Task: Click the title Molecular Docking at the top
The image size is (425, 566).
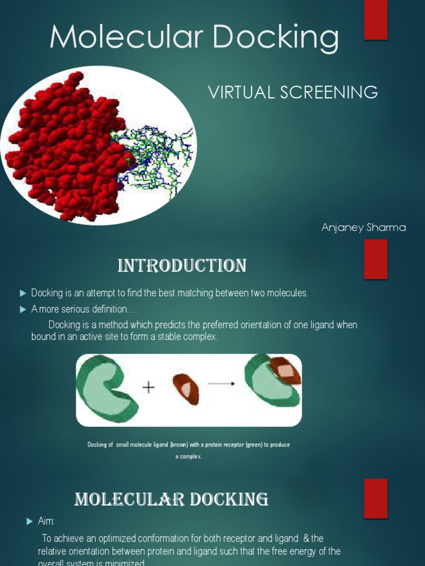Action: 194,38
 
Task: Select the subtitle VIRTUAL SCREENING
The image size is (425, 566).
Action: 293,92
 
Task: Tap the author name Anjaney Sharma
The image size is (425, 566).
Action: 364,228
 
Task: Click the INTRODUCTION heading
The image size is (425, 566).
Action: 182,266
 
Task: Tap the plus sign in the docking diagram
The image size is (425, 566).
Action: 148,387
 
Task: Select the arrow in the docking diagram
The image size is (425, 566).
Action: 221,384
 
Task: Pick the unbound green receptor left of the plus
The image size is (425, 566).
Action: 105,388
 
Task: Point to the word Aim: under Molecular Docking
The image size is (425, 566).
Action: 46,521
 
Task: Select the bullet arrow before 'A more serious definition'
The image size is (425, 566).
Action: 23,310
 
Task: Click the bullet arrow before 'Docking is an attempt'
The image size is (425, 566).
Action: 23,293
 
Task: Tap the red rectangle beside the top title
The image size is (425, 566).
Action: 376,20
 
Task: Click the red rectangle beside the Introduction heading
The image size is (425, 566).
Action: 376,259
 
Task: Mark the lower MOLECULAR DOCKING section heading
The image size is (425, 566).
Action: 172,500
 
